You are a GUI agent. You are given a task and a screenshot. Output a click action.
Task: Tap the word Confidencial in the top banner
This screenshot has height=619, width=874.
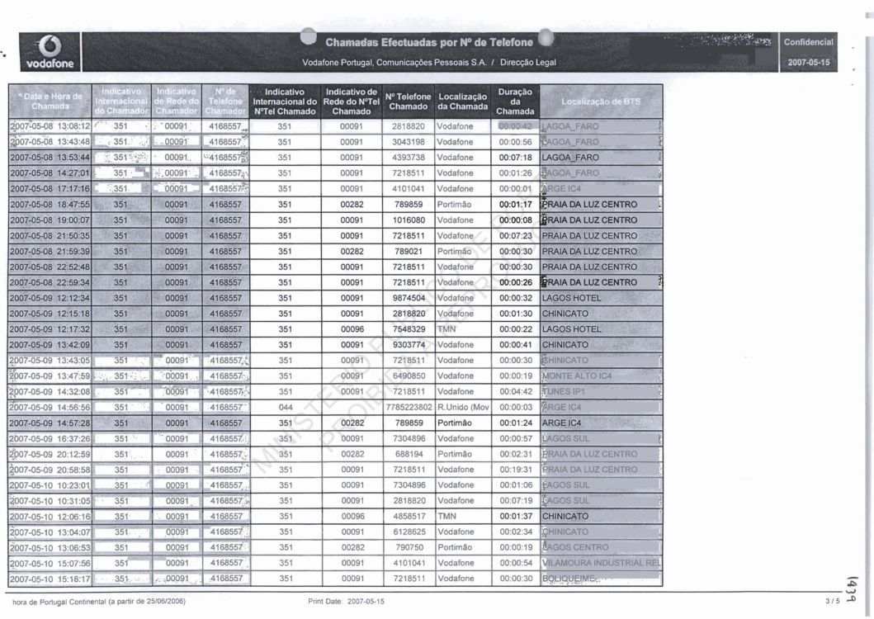click(808, 42)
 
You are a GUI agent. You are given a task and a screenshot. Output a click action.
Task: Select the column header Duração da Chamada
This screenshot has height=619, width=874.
click(515, 101)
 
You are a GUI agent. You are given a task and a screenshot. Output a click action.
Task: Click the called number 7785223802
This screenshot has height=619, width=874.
click(409, 408)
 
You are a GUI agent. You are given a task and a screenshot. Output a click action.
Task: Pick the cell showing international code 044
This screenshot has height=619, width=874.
click(285, 408)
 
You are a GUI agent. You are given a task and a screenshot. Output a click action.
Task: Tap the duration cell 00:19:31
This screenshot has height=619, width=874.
click(515, 470)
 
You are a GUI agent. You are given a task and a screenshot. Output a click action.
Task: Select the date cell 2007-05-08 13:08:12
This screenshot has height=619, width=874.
click(50, 127)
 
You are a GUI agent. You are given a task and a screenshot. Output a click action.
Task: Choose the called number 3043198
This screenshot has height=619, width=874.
click(409, 143)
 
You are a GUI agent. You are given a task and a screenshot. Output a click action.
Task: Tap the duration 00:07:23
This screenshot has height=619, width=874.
click(515, 236)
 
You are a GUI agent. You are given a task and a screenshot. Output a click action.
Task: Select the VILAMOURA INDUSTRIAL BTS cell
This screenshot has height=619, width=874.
click(600, 563)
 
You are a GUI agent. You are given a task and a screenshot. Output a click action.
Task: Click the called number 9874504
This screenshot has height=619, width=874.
click(409, 298)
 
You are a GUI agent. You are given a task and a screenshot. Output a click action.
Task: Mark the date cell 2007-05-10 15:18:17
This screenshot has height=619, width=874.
click(50, 579)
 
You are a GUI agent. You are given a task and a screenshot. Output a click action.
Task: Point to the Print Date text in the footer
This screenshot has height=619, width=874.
click(345, 601)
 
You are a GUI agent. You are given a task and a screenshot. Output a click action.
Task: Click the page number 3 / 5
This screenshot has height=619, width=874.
click(830, 601)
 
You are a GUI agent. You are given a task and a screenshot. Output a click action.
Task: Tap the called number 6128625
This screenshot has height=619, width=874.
click(409, 532)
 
